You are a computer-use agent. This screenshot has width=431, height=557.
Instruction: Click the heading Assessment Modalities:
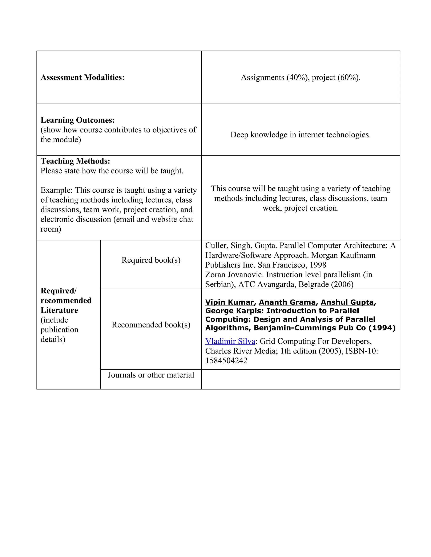point(82,78)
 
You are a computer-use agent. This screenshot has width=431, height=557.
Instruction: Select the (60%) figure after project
point(349,78)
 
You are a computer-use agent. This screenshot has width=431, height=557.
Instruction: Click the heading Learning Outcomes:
point(78,120)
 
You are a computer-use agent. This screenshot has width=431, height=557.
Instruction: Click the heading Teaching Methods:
point(75,161)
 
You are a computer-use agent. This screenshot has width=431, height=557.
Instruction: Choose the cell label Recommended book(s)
point(151,325)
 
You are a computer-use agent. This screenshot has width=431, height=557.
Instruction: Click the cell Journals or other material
point(151,375)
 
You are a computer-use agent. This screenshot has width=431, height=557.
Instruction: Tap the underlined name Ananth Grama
point(287,302)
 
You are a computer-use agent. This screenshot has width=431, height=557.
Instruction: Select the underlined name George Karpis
point(233,311)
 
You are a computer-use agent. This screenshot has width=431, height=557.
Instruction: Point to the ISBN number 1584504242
point(226,361)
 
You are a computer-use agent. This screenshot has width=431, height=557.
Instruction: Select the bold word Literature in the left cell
point(59,310)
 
